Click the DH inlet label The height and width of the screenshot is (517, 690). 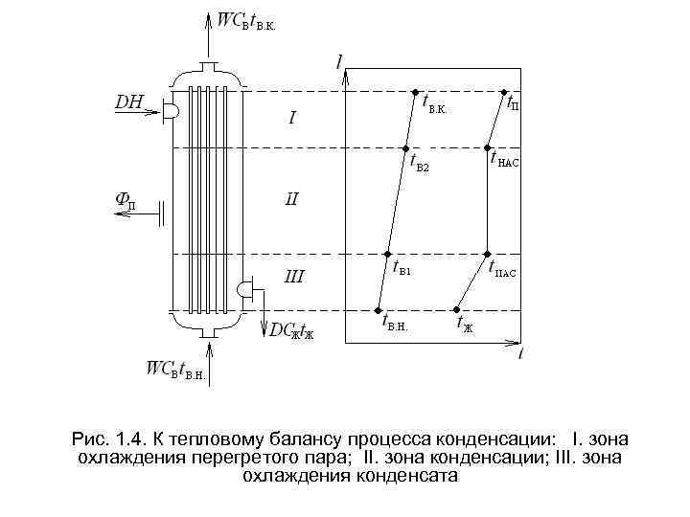coord(130,100)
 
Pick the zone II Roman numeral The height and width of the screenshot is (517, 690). coord(292,200)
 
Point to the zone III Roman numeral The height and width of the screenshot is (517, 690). coord(295,278)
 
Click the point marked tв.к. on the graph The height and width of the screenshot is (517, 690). coord(415,93)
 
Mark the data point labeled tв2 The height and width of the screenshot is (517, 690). coord(405,148)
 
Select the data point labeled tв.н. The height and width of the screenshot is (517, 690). coord(379,309)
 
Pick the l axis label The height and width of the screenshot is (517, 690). coord(340,61)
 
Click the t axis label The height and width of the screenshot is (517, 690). coord(519,353)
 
